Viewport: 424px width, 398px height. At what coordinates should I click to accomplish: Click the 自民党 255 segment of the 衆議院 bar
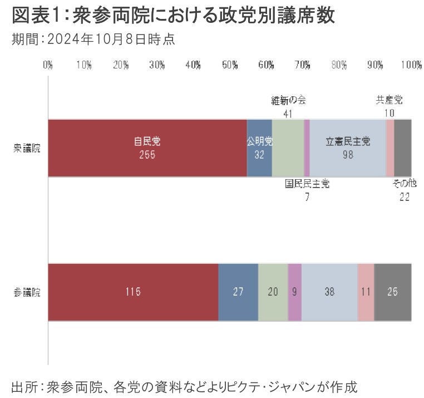click(x=147, y=148)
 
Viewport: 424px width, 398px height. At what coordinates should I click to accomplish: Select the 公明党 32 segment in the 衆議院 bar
click(x=259, y=148)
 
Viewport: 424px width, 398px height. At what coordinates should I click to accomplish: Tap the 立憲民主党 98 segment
click(x=348, y=148)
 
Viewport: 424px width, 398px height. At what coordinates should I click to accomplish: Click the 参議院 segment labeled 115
click(x=133, y=292)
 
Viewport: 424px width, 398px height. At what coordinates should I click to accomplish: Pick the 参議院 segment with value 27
click(x=238, y=292)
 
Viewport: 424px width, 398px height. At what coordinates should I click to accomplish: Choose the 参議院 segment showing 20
click(x=273, y=292)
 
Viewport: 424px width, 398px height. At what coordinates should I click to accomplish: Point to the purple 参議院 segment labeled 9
click(x=294, y=292)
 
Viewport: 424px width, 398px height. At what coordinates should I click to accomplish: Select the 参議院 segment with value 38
click(x=329, y=292)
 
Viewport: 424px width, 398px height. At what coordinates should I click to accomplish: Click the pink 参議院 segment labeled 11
click(x=366, y=292)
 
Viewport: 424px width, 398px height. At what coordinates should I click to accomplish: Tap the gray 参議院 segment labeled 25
click(x=393, y=292)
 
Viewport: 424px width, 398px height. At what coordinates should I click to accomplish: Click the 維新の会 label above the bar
click(x=288, y=101)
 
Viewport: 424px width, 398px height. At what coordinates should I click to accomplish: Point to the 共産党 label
click(x=389, y=101)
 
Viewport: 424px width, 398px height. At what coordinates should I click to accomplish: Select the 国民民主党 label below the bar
click(x=307, y=184)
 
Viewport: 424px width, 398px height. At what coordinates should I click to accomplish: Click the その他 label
click(x=404, y=184)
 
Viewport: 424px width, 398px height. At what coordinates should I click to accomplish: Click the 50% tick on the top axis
click(x=230, y=65)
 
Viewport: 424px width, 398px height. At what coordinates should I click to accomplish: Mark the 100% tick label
click(x=411, y=65)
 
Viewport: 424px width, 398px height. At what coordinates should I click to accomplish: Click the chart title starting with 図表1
click(x=173, y=16)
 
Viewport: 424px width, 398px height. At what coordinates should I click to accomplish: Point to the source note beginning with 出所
click(x=184, y=385)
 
